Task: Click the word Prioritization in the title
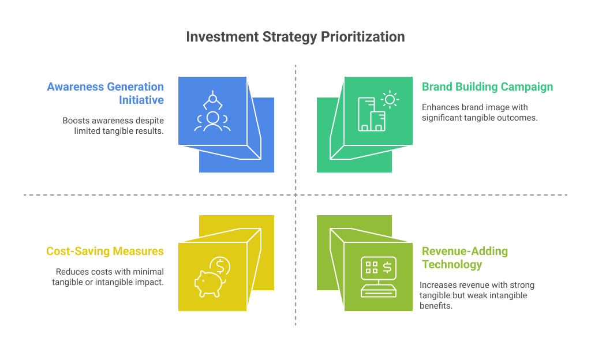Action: pos(362,37)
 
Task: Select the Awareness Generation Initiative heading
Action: pos(106,93)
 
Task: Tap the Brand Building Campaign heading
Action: pos(487,87)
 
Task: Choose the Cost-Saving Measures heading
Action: pos(105,251)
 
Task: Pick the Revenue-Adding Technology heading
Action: pos(465,258)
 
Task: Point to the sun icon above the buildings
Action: pos(390,99)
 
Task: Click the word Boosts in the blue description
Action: pos(76,121)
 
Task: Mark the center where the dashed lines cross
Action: pos(295,195)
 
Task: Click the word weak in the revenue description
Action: pos(479,295)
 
